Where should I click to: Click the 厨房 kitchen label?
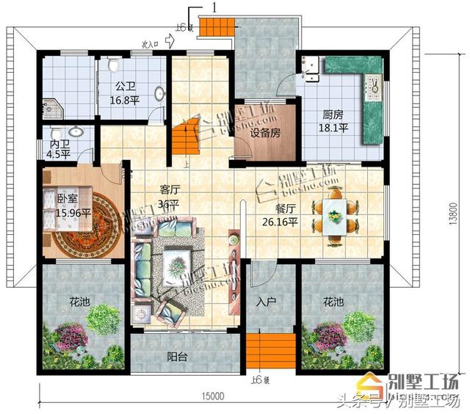[333, 115]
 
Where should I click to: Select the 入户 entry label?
[265, 301]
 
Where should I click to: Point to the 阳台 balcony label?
[176, 357]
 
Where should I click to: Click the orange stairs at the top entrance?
[217, 29]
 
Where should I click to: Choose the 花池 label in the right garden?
[333, 302]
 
